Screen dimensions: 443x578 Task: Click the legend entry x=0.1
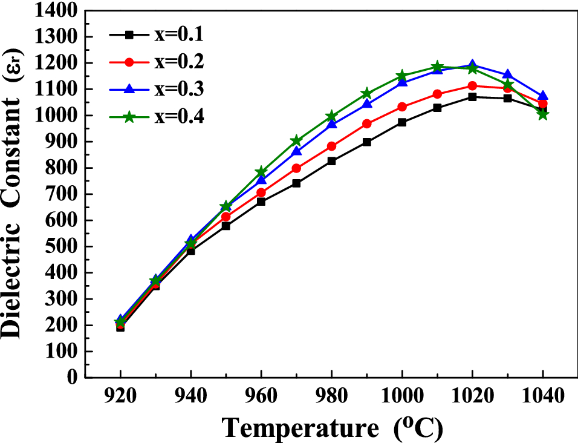(178, 34)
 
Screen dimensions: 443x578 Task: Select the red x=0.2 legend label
(178, 62)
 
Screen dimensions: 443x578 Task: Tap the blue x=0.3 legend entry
(178, 89)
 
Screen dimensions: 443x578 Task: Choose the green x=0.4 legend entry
(178, 116)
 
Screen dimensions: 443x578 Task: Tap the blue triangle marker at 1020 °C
(472, 65)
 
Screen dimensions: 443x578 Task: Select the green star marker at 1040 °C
(543, 114)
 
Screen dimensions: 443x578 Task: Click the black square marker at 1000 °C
(402, 122)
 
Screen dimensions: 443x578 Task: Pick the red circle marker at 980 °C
(331, 146)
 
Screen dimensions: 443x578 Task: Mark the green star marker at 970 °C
(296, 140)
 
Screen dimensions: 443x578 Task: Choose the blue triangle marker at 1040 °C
(543, 96)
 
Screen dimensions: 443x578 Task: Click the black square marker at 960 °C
(261, 202)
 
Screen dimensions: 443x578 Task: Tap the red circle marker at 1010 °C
(437, 94)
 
